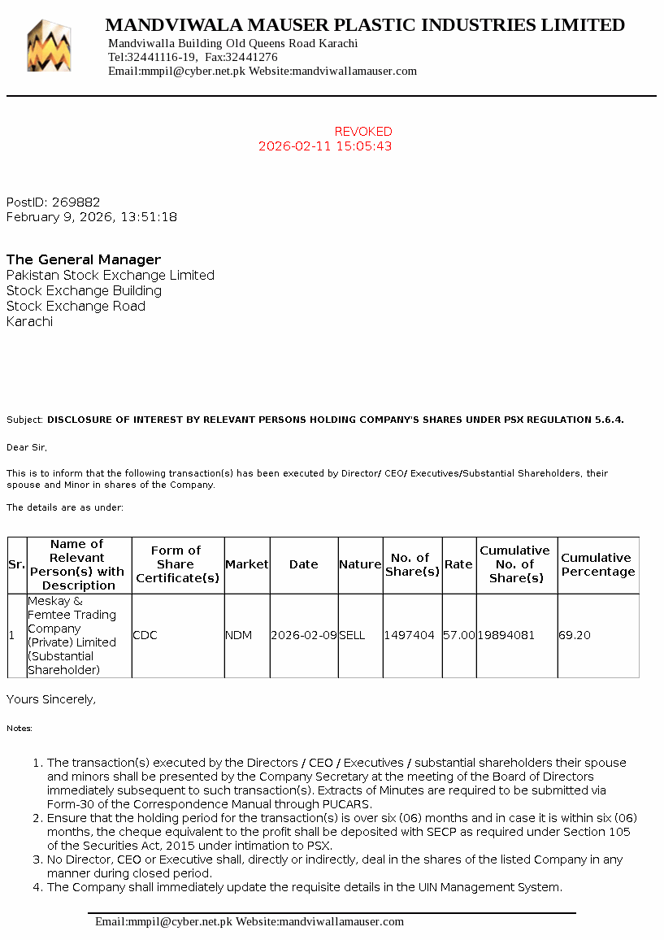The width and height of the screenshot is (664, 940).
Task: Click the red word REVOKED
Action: [x=363, y=132]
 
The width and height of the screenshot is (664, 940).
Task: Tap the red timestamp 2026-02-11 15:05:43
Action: [x=325, y=146]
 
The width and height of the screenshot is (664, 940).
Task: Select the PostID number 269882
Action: [x=76, y=202]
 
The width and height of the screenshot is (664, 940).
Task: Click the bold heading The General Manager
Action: [x=84, y=260]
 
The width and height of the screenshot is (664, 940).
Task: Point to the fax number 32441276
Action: [x=251, y=58]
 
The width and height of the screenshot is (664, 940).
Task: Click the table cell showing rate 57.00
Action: [x=459, y=635]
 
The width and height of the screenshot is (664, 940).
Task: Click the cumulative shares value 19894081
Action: [x=506, y=635]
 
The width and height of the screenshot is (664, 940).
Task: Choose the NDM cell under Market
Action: [x=239, y=635]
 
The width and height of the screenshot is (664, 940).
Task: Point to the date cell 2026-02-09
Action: [x=304, y=635]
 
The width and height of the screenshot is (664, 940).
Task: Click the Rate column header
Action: [x=459, y=564]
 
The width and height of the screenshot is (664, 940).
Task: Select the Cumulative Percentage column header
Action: [x=597, y=564]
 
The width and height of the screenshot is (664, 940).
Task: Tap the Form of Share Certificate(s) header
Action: [x=176, y=564]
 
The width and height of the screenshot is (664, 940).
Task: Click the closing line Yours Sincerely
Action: [x=51, y=699]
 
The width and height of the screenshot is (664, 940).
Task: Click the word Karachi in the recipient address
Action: [x=30, y=322]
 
